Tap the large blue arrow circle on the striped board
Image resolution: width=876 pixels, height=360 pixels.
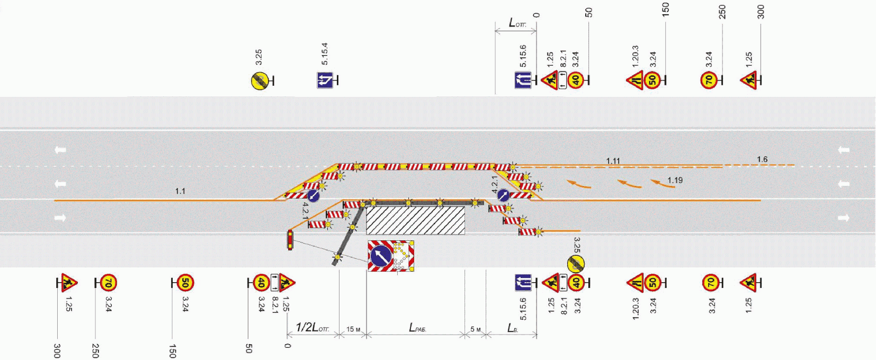point(380,256)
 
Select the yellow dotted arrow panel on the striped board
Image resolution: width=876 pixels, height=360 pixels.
point(403,255)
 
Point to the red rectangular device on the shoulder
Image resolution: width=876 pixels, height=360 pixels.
point(290,240)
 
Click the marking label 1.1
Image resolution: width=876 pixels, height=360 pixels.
point(180,191)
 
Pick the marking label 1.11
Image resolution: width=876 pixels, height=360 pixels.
point(613,161)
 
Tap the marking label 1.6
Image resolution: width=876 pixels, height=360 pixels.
point(762,159)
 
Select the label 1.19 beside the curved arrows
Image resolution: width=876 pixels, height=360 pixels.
point(675,180)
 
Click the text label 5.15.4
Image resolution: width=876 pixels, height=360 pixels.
point(324,54)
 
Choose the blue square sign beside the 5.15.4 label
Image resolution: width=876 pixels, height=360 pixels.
point(325,80)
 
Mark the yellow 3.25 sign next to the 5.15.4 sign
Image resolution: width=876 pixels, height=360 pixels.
point(259,81)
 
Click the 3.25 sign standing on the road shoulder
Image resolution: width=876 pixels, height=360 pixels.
point(576,263)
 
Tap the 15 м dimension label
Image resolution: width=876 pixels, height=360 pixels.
point(353,329)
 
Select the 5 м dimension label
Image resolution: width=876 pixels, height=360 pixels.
point(476,329)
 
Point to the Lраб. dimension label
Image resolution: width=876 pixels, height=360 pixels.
point(417,328)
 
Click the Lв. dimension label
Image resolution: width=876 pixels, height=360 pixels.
point(512,328)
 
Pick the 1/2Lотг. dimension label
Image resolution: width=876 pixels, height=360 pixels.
point(312,328)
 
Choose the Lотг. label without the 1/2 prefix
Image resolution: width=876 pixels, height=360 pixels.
point(517,23)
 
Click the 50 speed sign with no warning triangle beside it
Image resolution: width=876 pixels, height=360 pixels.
point(184,283)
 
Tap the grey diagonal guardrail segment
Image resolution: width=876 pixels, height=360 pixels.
point(350,233)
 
